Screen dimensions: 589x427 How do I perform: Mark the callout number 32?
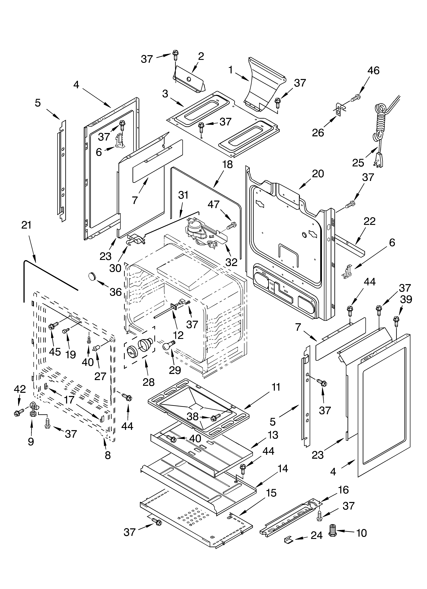[x=231, y=262]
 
